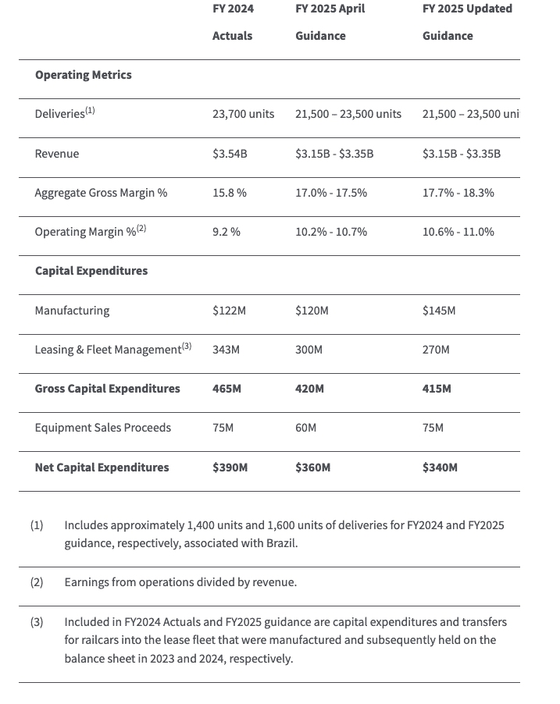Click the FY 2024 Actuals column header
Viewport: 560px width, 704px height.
click(x=233, y=22)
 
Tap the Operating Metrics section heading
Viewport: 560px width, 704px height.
click(x=83, y=75)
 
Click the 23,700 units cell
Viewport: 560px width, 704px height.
click(x=243, y=114)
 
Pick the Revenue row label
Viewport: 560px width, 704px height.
click(x=56, y=154)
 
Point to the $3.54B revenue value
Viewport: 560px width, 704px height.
click(x=230, y=154)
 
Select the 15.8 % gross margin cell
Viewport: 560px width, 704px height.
click(x=229, y=193)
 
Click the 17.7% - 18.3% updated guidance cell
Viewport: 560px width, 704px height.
click(x=458, y=193)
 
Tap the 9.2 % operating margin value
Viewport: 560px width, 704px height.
click(x=226, y=232)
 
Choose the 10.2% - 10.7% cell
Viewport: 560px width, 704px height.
click(x=331, y=232)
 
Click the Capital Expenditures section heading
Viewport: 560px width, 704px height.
click(x=91, y=271)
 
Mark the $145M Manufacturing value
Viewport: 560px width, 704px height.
click(x=438, y=311)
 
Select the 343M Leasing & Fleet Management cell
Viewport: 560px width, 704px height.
click(x=226, y=350)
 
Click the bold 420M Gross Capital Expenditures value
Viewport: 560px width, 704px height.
click(x=309, y=389)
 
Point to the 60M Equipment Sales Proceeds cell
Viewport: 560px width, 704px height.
click(x=305, y=428)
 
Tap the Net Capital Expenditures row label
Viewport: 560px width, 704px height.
click(x=102, y=468)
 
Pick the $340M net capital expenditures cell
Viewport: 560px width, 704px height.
click(x=440, y=468)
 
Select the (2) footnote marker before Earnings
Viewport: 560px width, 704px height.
click(x=37, y=582)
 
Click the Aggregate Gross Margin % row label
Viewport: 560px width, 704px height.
click(x=101, y=193)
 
